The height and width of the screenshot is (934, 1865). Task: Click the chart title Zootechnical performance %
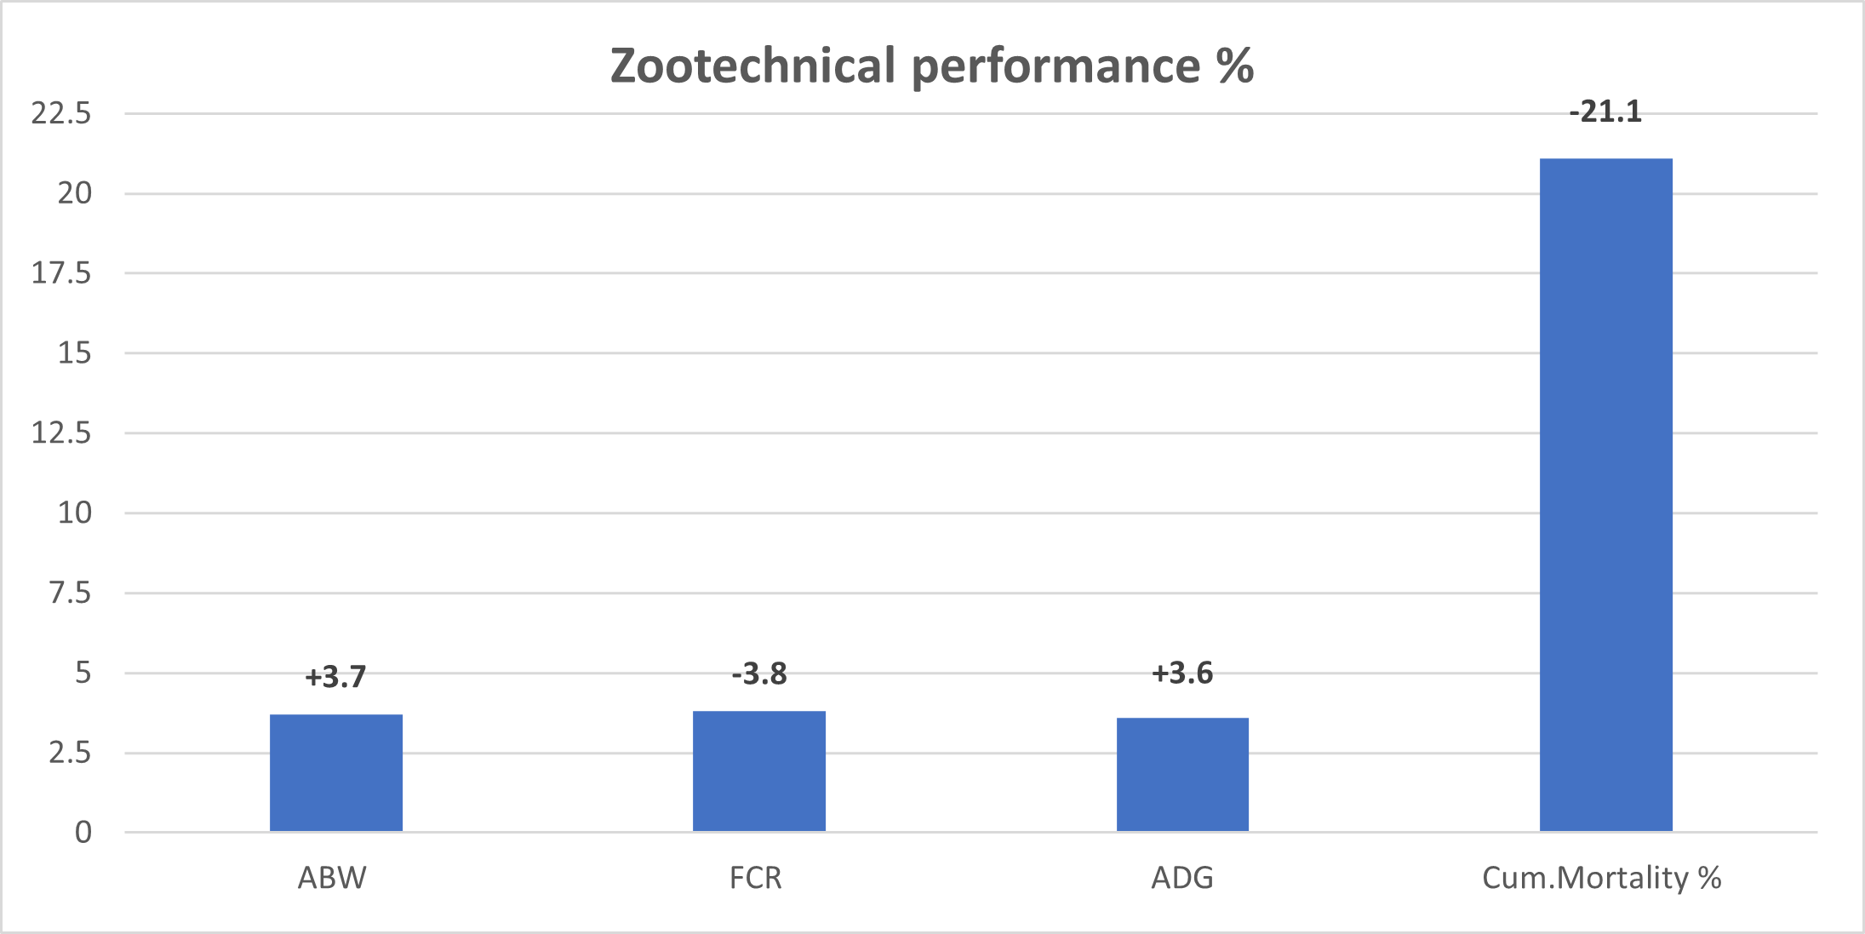932,66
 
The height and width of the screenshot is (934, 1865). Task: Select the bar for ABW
336,772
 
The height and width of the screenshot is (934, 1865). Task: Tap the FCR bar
759,771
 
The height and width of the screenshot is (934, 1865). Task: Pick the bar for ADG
1182,774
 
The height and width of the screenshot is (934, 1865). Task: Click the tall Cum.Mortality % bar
1605,494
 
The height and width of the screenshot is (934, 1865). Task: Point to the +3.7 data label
335,677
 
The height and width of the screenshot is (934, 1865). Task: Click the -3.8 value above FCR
759,674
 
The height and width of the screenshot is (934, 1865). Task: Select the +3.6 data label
1182,673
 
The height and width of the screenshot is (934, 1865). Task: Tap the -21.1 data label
1605,112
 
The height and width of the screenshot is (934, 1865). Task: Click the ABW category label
332,878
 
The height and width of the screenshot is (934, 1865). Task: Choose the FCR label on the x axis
756,878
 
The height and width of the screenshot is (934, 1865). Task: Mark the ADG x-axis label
1182,878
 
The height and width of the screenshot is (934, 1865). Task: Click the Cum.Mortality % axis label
1601,878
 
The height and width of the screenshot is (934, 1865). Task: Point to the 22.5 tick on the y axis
61,113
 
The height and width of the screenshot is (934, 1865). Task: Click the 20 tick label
74,193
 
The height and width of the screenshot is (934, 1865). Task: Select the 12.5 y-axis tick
61,433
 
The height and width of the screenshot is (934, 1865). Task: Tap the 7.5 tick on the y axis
70,593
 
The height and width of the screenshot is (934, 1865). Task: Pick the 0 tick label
83,832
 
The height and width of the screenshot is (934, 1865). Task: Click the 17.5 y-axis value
61,273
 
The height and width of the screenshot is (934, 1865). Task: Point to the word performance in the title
1055,67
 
